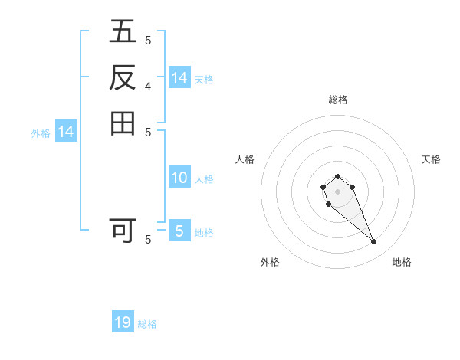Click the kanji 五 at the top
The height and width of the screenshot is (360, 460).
click(x=123, y=33)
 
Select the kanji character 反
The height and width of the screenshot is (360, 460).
click(x=123, y=78)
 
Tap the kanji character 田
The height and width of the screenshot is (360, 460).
click(x=123, y=123)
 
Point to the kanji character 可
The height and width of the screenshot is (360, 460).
click(x=123, y=230)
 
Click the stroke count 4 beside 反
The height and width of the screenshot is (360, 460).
click(x=148, y=87)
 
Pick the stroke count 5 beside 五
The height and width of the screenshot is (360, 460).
click(x=148, y=41)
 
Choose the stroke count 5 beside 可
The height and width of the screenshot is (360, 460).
click(x=148, y=239)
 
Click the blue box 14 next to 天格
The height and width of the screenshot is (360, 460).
click(x=179, y=78)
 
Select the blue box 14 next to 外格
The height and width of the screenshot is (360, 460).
click(x=66, y=132)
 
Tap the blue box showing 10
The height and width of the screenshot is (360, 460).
click(x=179, y=178)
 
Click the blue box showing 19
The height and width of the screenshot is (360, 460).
click(x=123, y=322)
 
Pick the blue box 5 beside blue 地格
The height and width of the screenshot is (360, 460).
click(x=179, y=231)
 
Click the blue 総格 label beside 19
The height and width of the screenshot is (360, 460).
click(x=147, y=324)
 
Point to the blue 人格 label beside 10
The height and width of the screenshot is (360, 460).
click(x=204, y=179)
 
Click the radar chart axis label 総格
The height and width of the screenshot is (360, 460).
click(x=337, y=100)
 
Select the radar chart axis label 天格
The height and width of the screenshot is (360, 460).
click(x=431, y=159)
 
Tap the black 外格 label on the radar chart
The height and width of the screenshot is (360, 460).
click(x=270, y=262)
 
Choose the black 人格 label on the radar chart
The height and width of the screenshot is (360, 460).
click(x=245, y=159)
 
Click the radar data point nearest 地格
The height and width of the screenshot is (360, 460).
click(x=373, y=242)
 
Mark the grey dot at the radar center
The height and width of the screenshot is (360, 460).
click(x=337, y=191)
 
